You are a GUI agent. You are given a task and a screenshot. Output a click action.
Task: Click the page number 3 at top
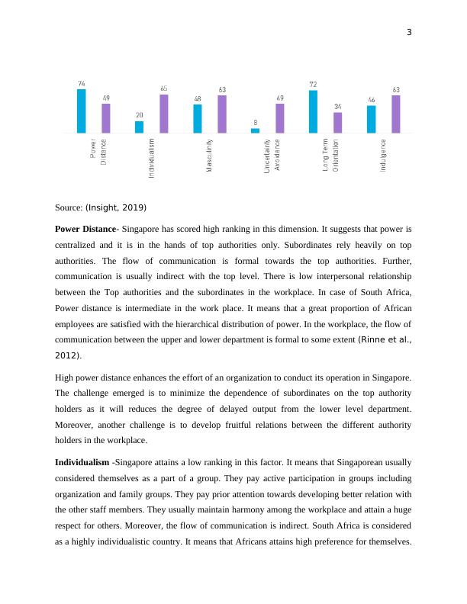pos(409,32)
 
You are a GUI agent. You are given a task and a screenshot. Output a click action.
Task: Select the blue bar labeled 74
pos(82,111)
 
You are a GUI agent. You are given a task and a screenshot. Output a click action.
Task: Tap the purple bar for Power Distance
pos(106,118)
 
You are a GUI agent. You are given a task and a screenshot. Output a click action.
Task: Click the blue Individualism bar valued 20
pos(139,127)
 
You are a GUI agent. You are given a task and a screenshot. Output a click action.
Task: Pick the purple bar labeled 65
pos(164,114)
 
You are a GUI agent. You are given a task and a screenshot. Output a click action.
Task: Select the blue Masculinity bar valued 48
pos(198,118)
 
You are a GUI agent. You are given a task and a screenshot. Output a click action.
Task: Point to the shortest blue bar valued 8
pos(255,130)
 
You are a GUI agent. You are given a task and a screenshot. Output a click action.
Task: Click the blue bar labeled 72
pos(314,111)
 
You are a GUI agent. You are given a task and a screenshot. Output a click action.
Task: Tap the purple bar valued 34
pos(337,123)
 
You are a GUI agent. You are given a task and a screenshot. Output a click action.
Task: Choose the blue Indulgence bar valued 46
pos(371,119)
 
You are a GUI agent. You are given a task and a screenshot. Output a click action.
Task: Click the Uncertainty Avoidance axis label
pos(272,156)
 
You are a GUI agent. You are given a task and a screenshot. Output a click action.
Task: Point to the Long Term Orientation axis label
pos(330,156)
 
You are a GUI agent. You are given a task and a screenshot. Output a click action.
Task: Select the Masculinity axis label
pos(209,156)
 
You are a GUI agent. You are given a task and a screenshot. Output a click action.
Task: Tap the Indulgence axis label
pos(383,156)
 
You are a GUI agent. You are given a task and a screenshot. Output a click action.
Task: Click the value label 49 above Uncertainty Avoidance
pos(280,98)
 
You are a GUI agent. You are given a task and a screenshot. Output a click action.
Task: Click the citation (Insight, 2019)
pos(115,207)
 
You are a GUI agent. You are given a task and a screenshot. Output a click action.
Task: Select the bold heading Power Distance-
pos(87,228)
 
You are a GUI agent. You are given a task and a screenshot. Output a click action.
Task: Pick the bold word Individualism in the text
pos(82,463)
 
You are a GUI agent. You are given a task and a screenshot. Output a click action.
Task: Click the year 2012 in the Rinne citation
pos(66,355)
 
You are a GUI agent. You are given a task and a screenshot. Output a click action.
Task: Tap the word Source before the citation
pos(69,207)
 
